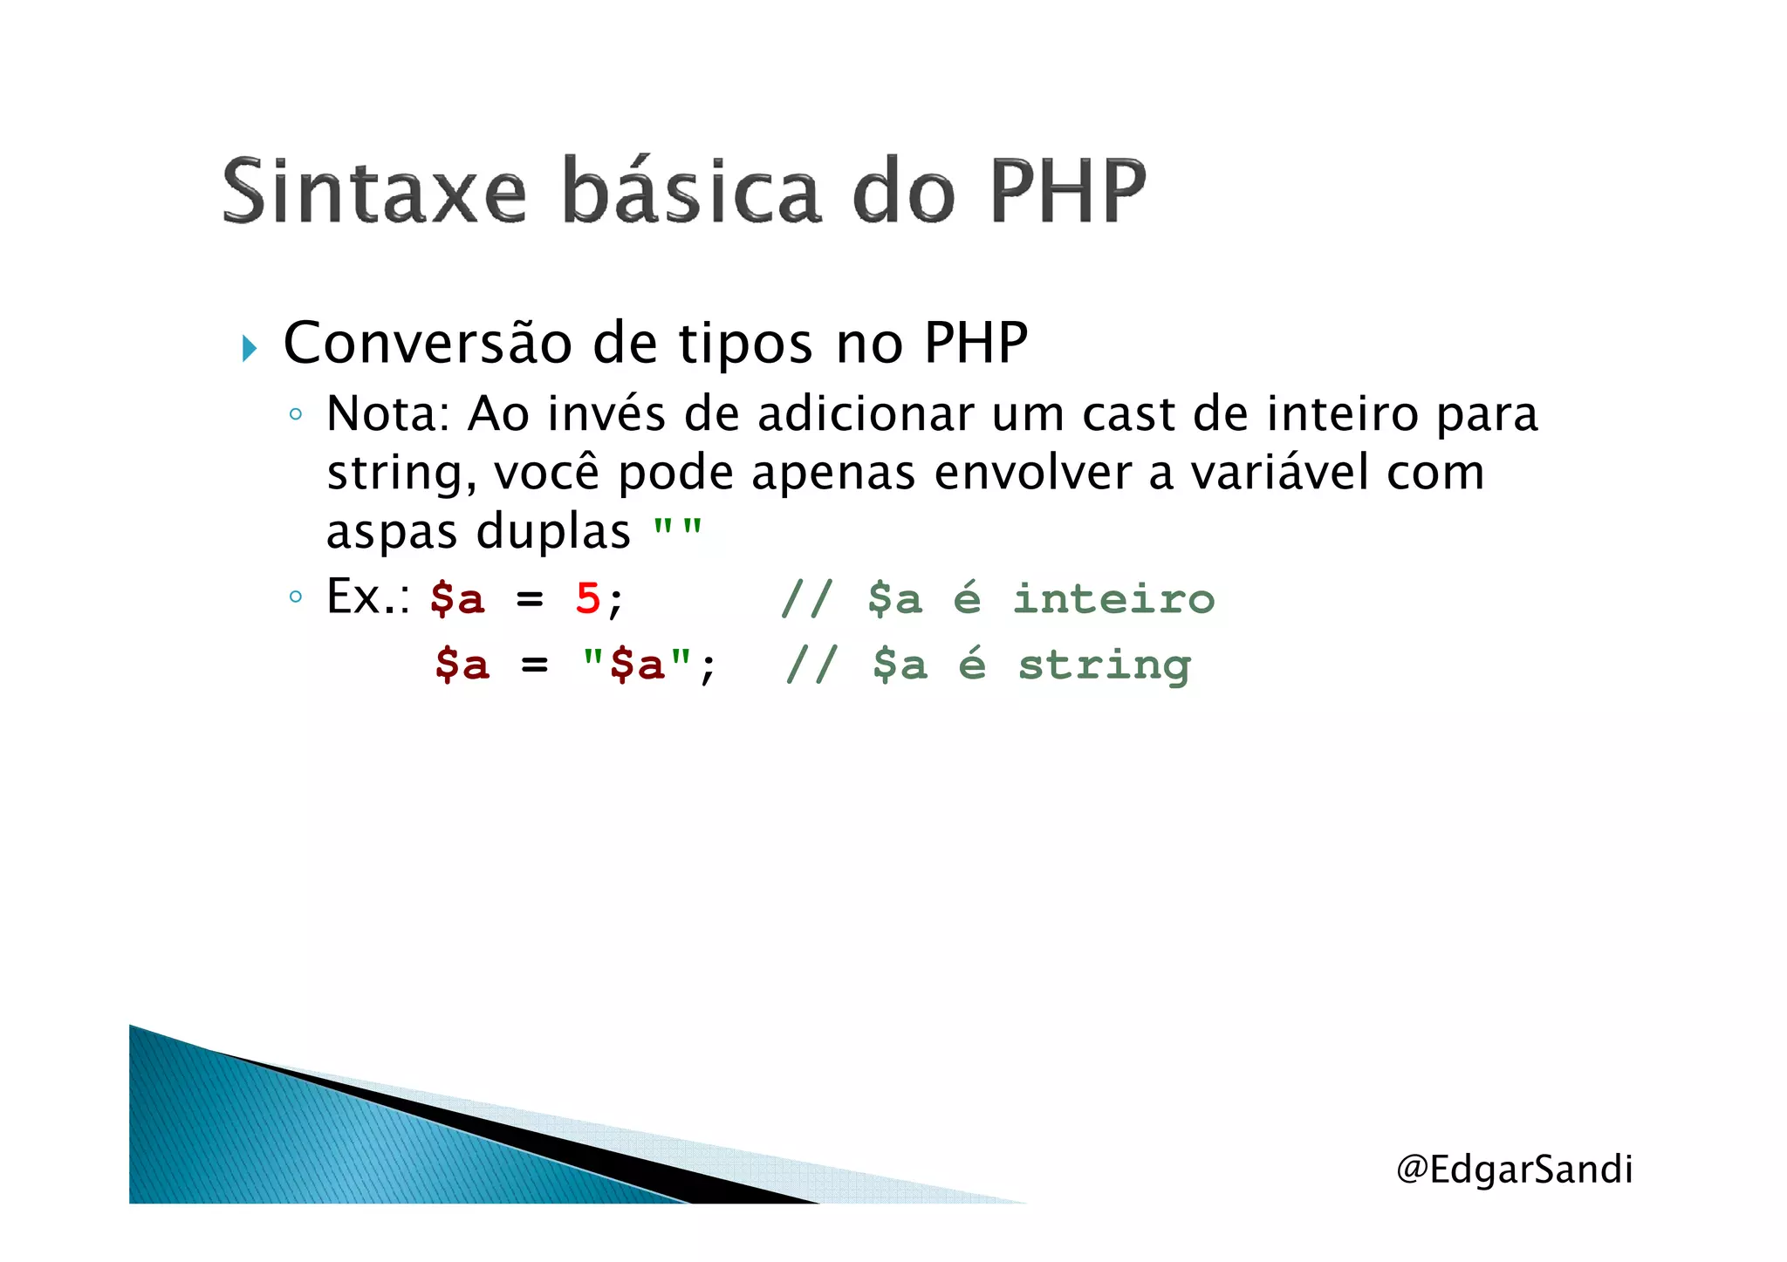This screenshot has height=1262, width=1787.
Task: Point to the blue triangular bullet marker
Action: (x=250, y=349)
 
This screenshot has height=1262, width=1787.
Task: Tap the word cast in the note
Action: (x=1128, y=415)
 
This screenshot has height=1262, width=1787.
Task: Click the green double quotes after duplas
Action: (x=678, y=529)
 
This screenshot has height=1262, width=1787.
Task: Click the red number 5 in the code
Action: (x=588, y=600)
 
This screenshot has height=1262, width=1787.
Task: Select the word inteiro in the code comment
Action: (x=1113, y=600)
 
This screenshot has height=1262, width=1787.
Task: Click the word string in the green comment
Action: (x=1105, y=666)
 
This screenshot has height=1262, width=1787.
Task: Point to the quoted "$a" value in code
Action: (x=638, y=665)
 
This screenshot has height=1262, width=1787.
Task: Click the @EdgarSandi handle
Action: (x=1514, y=1170)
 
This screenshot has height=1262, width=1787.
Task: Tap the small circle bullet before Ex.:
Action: (x=296, y=597)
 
